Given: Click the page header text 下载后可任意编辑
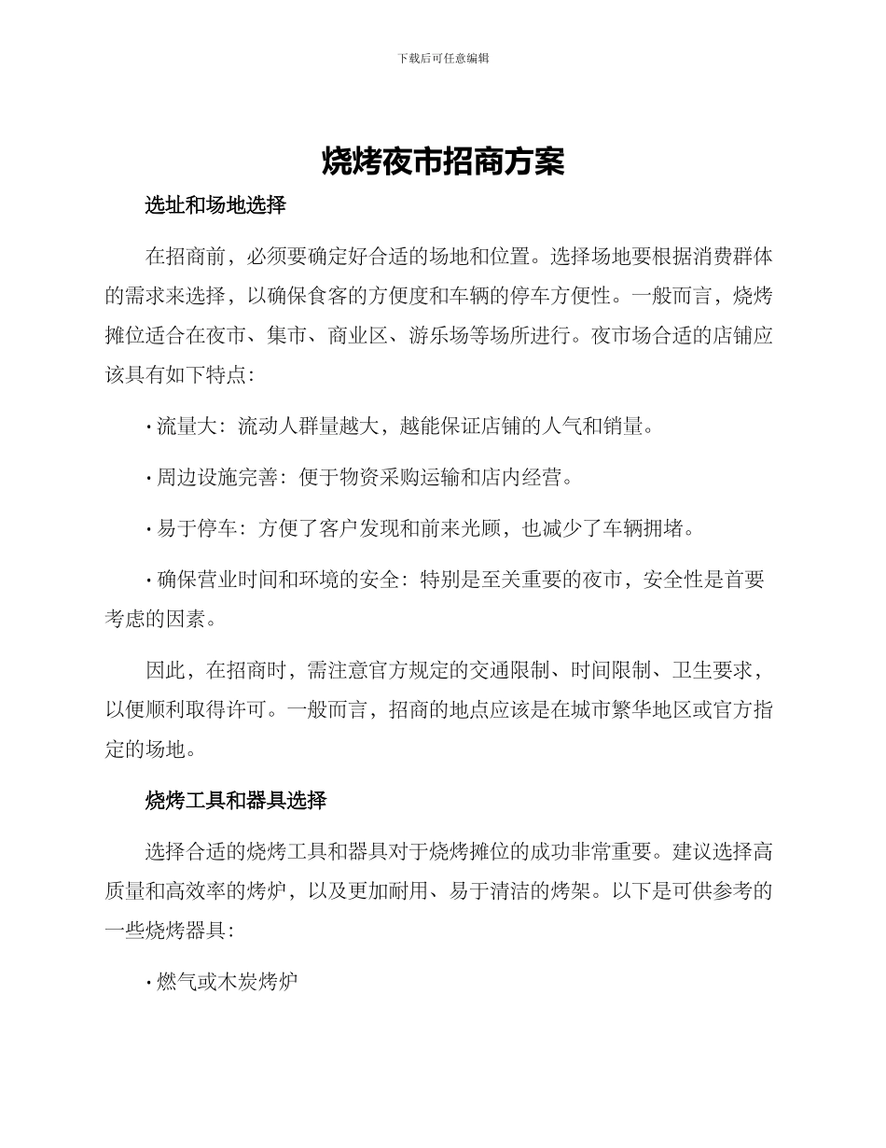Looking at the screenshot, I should tap(443, 58).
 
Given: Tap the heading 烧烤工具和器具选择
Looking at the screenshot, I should tap(235, 800).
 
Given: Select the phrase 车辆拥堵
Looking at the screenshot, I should tap(651, 528).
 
